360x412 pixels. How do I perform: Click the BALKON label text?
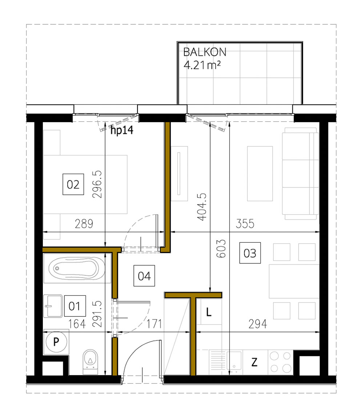pos(204,52)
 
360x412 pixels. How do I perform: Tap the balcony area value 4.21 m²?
pos(203,66)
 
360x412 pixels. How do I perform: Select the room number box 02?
pos(73,185)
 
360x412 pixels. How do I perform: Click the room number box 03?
pos(250,253)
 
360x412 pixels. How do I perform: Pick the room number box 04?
pos(144,276)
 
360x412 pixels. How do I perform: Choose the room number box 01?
pos(74,306)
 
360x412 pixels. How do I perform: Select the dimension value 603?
pos(223,249)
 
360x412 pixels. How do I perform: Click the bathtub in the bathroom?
pos(76,268)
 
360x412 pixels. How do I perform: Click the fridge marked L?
pos(209,312)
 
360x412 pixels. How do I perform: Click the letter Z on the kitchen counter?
pos(255,362)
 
